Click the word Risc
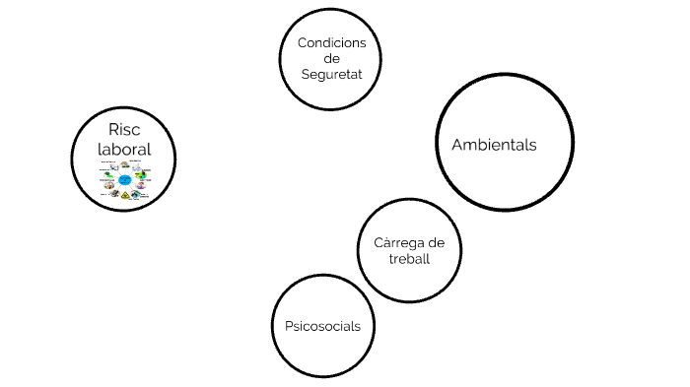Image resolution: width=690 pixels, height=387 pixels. pyautogui.click(x=125, y=130)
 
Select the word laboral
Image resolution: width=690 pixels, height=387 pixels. pyautogui.click(x=124, y=150)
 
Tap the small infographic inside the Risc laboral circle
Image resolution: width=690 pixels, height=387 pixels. pyautogui.click(x=125, y=181)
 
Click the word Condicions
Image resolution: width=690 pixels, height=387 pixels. pyautogui.click(x=331, y=42)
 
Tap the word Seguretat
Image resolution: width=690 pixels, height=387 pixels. pyautogui.click(x=331, y=76)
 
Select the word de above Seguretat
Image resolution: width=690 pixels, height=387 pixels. pyautogui.click(x=331, y=59)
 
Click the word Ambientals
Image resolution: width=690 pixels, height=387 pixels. pyautogui.click(x=494, y=145)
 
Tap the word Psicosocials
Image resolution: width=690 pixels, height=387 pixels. pyautogui.click(x=322, y=326)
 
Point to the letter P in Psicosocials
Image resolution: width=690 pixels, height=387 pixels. pyautogui.click(x=288, y=326)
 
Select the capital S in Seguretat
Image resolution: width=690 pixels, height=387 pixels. pyautogui.click(x=305, y=76)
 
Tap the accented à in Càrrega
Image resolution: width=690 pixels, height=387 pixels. pyautogui.click(x=385, y=243)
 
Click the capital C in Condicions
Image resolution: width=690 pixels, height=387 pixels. pyautogui.click(x=302, y=42)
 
